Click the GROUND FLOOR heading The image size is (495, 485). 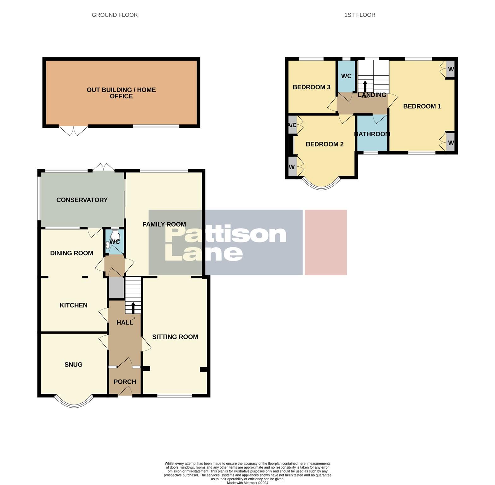(115, 15)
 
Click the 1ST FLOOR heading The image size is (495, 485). (360, 15)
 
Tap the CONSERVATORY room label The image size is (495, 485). (82, 200)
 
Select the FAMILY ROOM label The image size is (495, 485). (164, 225)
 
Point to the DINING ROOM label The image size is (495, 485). (72, 253)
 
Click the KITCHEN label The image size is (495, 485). (73, 305)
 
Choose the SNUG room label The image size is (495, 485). (73, 365)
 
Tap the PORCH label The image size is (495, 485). (125, 382)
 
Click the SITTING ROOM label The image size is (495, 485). (175, 337)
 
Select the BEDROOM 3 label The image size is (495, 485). (311, 87)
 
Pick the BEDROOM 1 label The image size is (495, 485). (422, 106)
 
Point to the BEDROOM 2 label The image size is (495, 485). (324, 144)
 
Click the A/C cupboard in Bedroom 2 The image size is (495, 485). (292, 125)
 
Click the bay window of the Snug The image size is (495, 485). (74, 401)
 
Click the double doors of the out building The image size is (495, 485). (73, 130)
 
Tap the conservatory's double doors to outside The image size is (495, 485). (104, 167)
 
